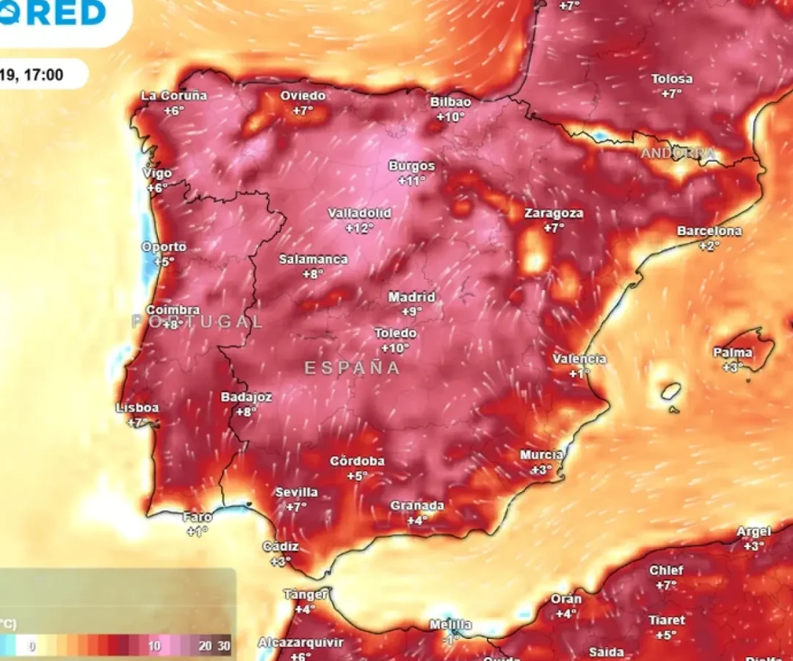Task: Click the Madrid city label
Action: (411, 297)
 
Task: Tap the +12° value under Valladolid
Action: (359, 228)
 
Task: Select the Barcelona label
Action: (709, 231)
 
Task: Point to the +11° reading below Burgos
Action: (412, 181)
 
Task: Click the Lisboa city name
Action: (137, 408)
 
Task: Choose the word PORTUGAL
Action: (198, 321)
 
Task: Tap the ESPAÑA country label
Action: (352, 368)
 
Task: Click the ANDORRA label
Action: (678, 153)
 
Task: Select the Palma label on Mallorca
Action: (733, 353)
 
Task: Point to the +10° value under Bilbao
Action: (451, 117)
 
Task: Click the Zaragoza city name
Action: (554, 214)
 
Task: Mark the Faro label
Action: (198, 517)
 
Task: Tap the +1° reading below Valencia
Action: (579, 373)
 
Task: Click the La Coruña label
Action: (174, 95)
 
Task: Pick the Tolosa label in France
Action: (672, 79)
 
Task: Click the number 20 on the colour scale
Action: (206, 646)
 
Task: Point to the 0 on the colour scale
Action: (32, 646)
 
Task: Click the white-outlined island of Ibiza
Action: (670, 391)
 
